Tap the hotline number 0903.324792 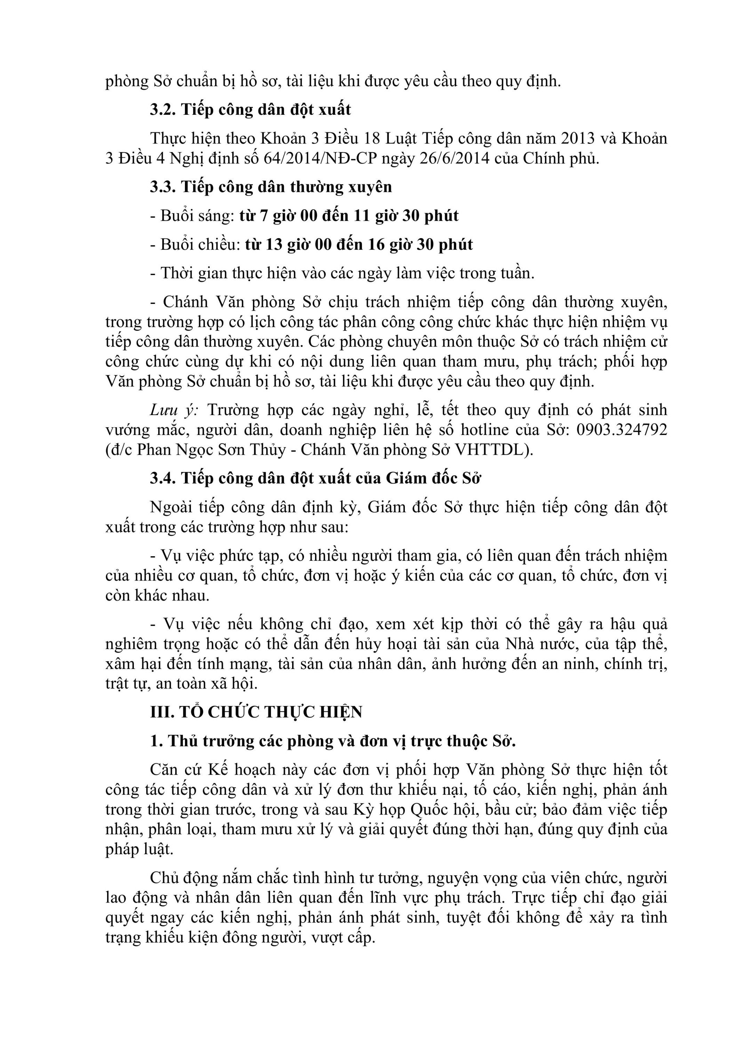621,430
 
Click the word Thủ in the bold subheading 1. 182,741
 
